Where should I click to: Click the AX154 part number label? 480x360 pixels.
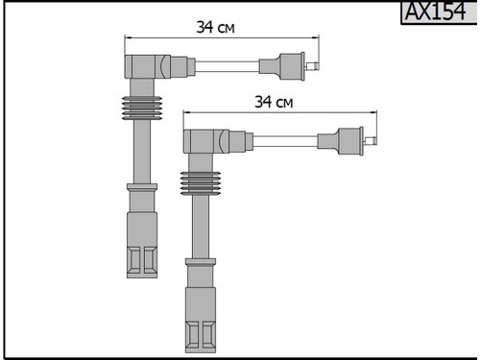(436, 12)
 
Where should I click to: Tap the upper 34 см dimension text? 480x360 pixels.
(215, 27)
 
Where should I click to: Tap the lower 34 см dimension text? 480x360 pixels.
(274, 102)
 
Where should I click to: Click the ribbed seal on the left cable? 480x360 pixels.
(142, 108)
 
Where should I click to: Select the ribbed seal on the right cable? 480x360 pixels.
(201, 183)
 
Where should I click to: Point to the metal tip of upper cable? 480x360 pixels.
(312, 66)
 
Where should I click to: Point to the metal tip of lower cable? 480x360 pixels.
(371, 140)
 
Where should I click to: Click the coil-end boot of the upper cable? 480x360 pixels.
(282, 66)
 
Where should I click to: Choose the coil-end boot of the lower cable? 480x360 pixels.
(341, 141)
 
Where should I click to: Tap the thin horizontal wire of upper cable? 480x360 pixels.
(227, 66)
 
